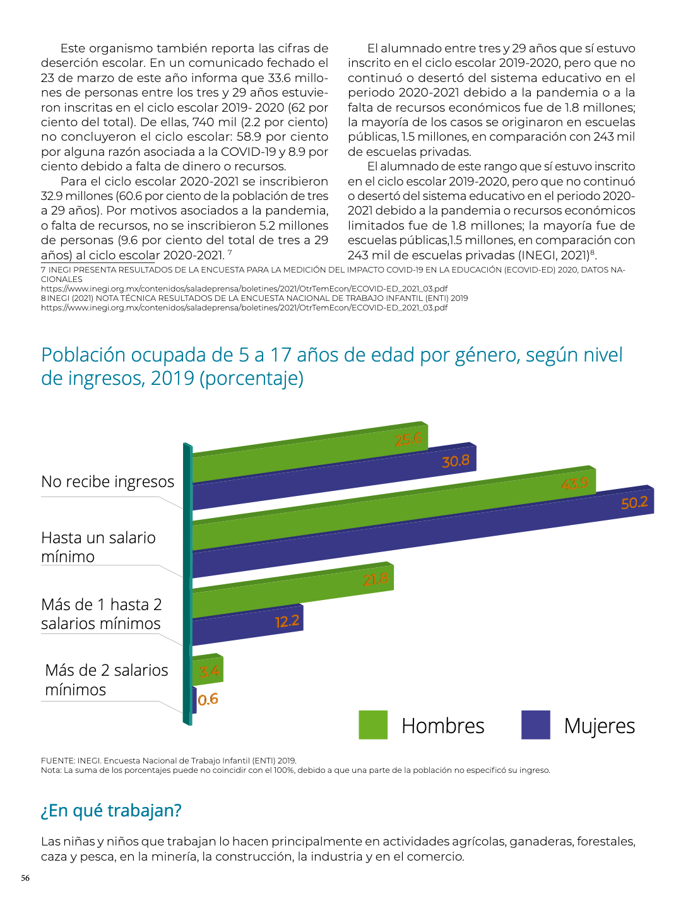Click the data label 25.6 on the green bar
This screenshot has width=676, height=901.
408,440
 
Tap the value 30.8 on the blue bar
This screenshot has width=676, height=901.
456,461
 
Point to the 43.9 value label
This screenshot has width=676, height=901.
574,483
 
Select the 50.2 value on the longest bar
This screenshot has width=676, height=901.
634,503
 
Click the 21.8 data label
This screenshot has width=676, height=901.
376,579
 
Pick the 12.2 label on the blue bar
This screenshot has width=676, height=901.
287,621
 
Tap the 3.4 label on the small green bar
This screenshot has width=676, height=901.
210,672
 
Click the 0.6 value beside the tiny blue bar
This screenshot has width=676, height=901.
208,699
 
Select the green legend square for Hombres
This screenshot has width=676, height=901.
372,724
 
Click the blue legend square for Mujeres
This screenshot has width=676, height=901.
535,724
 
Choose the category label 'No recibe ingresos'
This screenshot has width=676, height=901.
107,481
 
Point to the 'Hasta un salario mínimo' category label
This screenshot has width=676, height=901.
98,547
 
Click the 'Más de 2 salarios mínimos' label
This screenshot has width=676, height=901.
107,680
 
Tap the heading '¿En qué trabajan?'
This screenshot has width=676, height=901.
111,810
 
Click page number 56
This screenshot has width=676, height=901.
25,878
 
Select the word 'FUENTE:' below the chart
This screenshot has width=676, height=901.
58,760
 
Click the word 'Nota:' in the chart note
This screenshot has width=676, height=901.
51,770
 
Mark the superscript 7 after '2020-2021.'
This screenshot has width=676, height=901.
230,252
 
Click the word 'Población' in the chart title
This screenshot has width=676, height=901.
83,355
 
